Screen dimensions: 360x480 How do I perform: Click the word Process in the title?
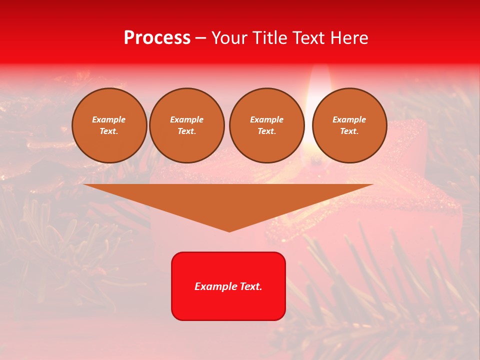coord(157,38)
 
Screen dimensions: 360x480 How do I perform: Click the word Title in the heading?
coord(268,38)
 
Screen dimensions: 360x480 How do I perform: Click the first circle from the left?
coord(109,125)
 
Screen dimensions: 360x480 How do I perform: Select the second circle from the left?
coord(187,125)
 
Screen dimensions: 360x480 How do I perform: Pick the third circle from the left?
coord(266,125)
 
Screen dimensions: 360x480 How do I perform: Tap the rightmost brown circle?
coord(349,125)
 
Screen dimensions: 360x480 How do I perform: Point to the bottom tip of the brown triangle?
coord(229,231)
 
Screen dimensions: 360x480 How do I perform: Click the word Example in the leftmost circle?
coord(109,119)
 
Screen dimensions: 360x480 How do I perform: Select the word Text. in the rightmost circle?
coord(349,131)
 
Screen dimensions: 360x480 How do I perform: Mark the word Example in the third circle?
coord(266,119)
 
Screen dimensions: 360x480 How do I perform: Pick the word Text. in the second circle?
coord(187,131)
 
